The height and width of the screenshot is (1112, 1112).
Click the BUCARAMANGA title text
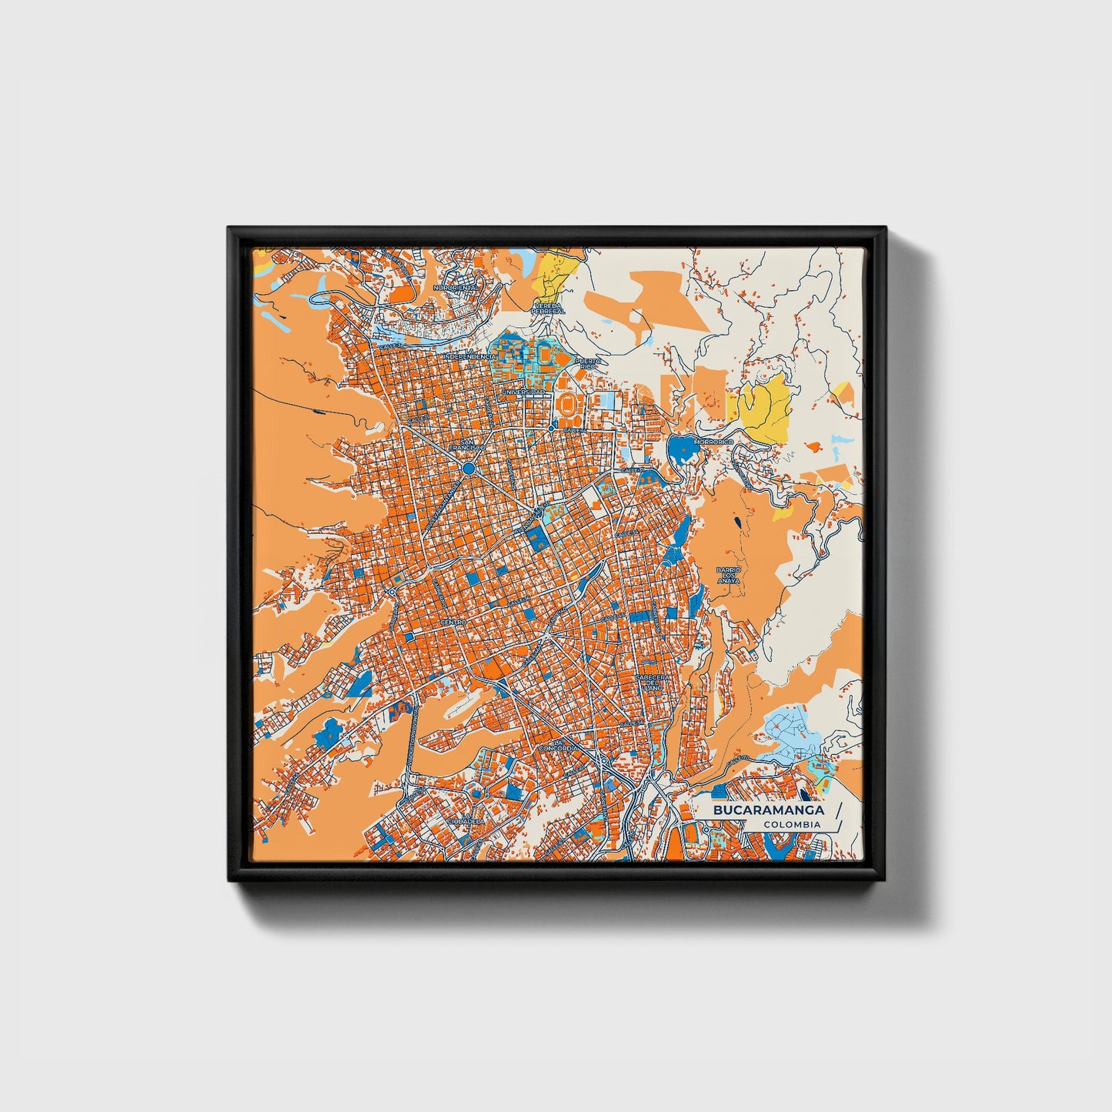[768, 810]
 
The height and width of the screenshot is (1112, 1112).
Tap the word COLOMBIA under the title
[792, 825]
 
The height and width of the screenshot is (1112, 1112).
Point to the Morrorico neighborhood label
[710, 442]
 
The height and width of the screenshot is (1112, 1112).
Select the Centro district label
[453, 621]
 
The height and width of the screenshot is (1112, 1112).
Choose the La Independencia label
[469, 356]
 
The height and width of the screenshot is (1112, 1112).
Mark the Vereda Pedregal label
[549, 308]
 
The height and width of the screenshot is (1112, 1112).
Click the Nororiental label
[456, 287]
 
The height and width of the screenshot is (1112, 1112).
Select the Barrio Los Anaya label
[728, 575]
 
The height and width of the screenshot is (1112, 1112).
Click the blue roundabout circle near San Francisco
[468, 467]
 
